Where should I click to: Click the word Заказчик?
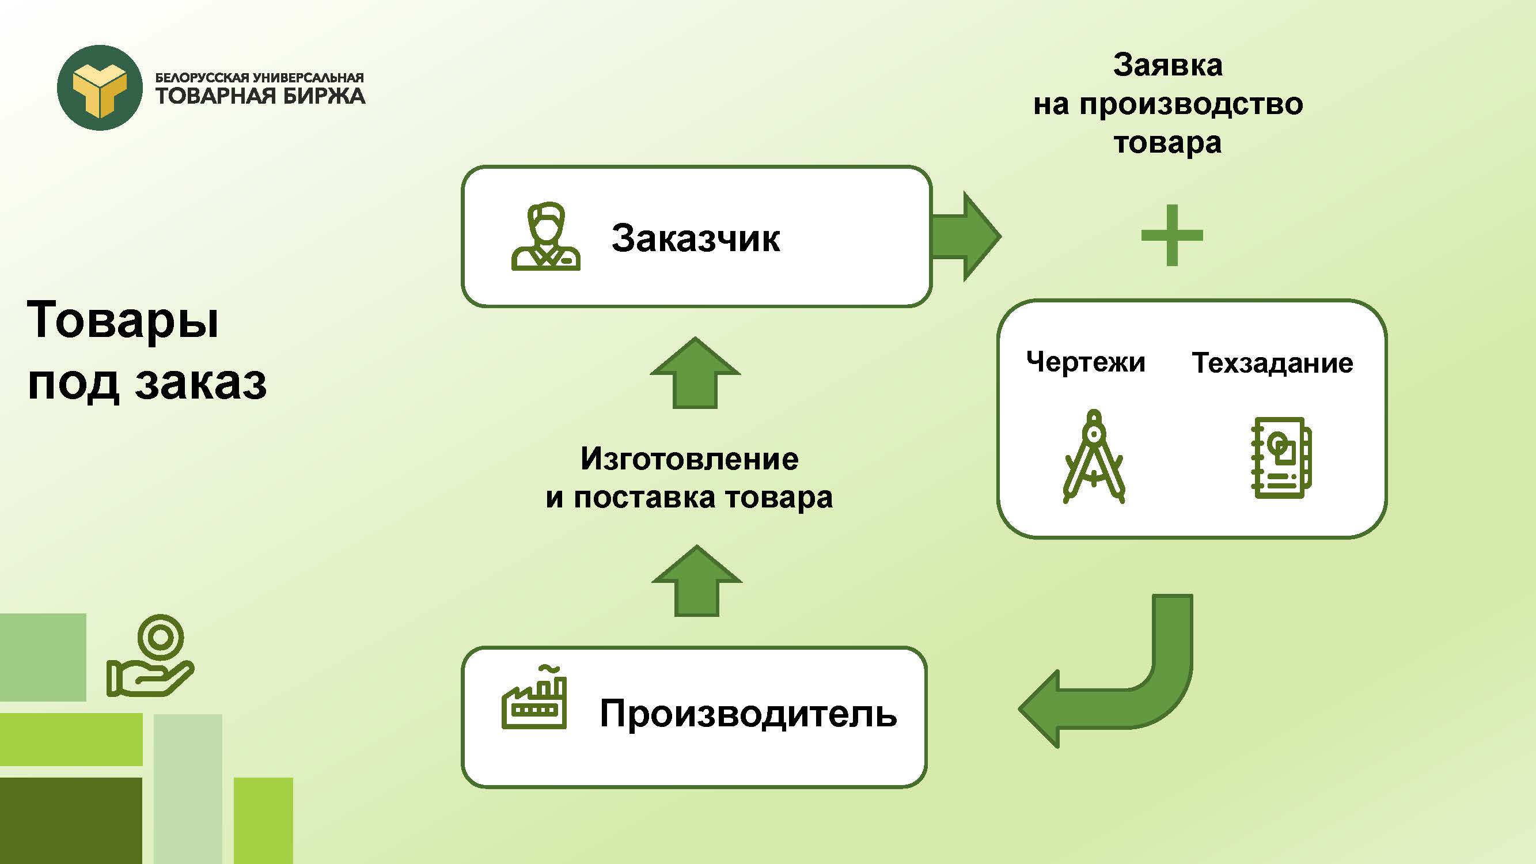695,238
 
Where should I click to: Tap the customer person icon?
545,237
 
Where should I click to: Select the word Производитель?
748,713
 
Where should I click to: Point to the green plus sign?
1171,235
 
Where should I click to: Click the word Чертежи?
1085,362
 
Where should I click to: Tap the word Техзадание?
1272,363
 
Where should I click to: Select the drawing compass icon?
1094,457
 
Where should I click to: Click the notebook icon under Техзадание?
1280,458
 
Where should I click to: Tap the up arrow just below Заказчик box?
695,374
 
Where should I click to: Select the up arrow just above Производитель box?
696,581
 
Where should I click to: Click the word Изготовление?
689,459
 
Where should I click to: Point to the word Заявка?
1167,65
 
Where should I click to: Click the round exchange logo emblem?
100,88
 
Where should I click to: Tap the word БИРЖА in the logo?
323,96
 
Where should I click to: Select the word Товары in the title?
123,320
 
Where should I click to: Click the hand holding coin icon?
150,657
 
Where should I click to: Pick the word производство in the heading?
1191,104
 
